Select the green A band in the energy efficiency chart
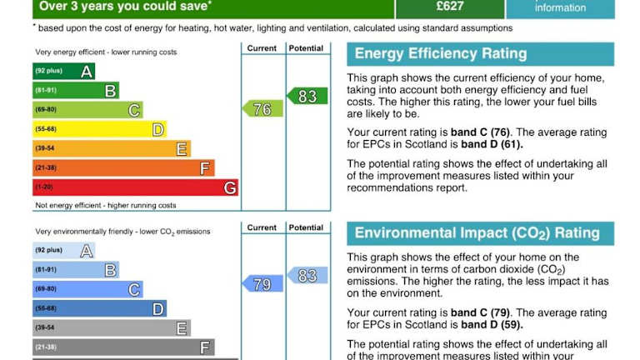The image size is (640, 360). [x=63, y=72]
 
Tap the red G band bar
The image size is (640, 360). [x=135, y=187]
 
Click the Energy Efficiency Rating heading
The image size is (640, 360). [x=441, y=54]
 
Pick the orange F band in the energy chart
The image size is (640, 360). [x=123, y=168]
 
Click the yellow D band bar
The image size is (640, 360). [x=100, y=129]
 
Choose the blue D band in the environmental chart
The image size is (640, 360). [x=100, y=309]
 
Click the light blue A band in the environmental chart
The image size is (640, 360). [x=63, y=250]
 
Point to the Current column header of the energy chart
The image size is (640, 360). [x=262, y=48]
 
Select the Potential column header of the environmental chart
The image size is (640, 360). [x=306, y=227]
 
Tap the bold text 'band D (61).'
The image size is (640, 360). [x=492, y=144]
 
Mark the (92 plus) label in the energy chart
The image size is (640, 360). [x=48, y=72]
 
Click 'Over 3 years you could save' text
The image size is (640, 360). [x=125, y=7]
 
